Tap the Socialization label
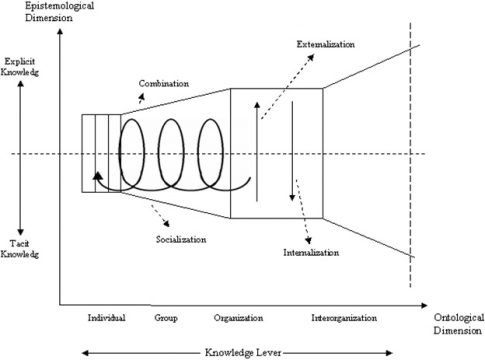pos(181,240)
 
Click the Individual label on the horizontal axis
pos(106,318)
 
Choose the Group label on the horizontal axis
pos(166,318)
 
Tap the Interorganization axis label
pos(344,318)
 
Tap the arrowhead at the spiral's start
pos(97,176)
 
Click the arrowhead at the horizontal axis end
pos(431,300)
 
